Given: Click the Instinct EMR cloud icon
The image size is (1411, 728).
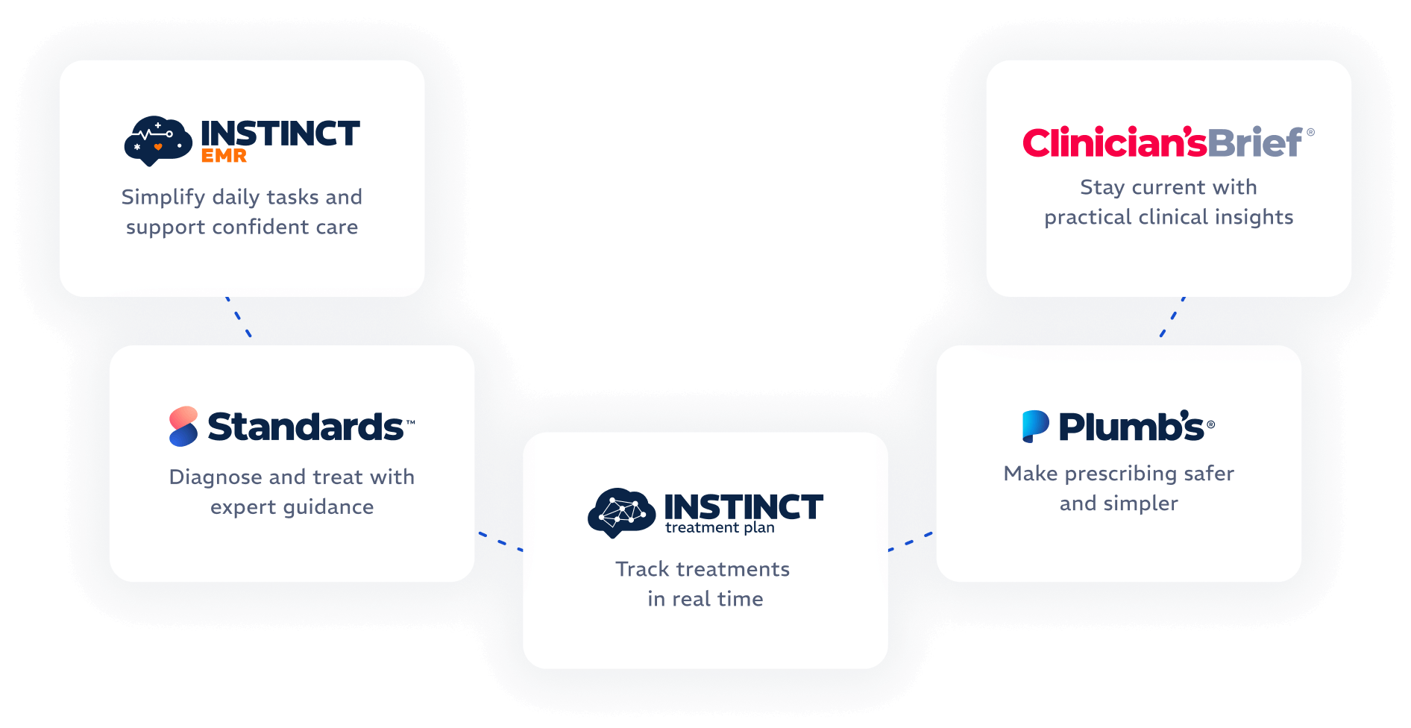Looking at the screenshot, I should coord(157,140).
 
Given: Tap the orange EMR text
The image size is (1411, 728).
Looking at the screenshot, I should coord(224,156).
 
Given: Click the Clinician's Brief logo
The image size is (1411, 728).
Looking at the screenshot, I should coord(1167,142).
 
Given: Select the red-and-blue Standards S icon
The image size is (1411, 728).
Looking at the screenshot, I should coord(183,427).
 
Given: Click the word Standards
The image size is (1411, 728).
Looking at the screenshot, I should coord(306,427).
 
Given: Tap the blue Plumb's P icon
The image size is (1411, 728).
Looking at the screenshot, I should coord(1035,427).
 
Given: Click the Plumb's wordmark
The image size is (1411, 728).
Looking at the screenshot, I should coord(1131,427).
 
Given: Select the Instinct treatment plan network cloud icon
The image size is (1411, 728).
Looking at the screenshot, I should coord(621,512).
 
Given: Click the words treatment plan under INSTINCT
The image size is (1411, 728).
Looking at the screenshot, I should coord(720,527).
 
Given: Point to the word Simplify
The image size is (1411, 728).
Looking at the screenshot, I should coord(163,197).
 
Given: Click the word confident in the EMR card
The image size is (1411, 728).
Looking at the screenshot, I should coord(260,227).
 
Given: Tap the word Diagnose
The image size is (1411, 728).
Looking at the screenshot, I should coord(216,477).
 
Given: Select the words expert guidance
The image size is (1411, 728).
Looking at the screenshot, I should coord(292,507).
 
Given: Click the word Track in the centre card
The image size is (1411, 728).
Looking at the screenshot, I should coord(642,569).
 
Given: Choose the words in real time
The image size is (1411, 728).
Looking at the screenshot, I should coord(705,599).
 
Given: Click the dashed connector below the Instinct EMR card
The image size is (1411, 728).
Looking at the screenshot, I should coord(239,318).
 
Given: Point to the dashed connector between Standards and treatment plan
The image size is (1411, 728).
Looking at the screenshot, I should coord(500,542).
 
